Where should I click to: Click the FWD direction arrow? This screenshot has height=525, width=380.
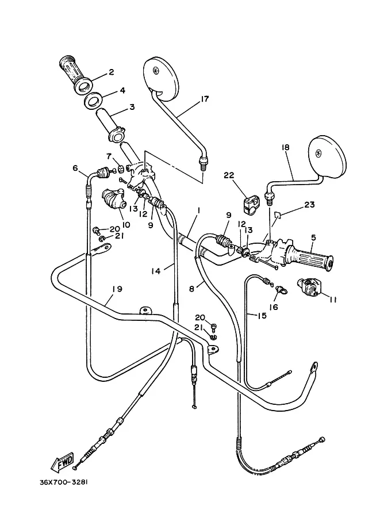tap(62, 463)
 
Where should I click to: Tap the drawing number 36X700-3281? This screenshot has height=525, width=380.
tap(64, 482)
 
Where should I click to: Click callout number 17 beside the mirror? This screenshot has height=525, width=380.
tap(205, 99)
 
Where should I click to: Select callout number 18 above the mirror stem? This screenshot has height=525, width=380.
tap(286, 147)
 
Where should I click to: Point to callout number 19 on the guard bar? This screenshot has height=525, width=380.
tap(117, 289)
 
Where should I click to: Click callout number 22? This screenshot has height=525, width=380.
tap(229, 175)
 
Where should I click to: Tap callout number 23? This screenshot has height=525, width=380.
tap(309, 204)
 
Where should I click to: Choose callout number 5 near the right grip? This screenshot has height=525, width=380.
tap(313, 237)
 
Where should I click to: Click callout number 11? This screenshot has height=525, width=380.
tap(332, 300)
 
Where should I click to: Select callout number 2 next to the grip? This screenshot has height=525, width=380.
tap(111, 72)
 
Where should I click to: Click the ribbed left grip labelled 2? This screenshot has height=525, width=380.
tap(76, 74)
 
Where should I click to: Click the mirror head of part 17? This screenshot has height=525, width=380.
tap(159, 78)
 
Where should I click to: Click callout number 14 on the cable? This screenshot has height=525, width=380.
tap(156, 271)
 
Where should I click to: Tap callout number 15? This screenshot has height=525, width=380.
tap(262, 315)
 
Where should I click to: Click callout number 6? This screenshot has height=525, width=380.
tap(75, 167)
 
